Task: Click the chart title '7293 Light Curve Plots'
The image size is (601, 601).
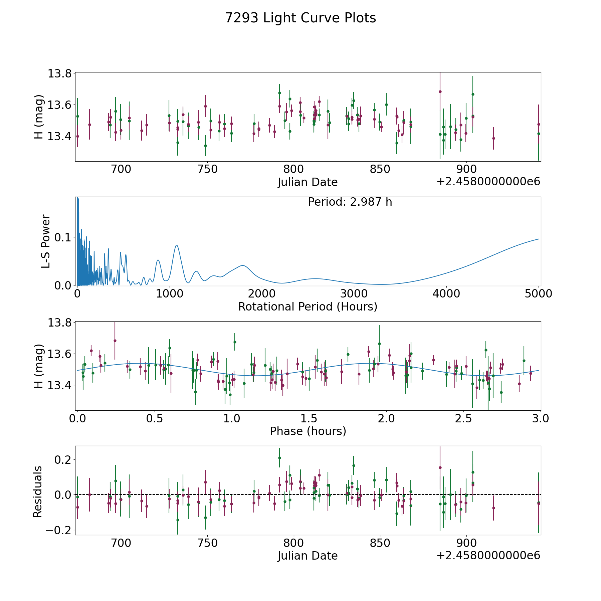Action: click(300, 18)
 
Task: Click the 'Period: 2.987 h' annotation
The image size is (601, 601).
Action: click(350, 202)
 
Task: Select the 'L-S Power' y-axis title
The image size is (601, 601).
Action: click(46, 241)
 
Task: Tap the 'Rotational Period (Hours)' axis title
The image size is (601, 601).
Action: click(308, 307)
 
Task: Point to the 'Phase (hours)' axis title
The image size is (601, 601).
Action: click(308, 431)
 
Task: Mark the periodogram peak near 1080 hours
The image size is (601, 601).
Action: click(176, 245)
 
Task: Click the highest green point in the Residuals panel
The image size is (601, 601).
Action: click(279, 458)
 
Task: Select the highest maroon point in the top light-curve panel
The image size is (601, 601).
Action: click(440, 91)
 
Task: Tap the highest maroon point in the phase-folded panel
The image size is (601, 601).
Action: click(115, 341)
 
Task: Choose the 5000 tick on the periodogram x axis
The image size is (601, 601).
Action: click(539, 294)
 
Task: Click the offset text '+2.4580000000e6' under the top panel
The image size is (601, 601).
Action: click(488, 182)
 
